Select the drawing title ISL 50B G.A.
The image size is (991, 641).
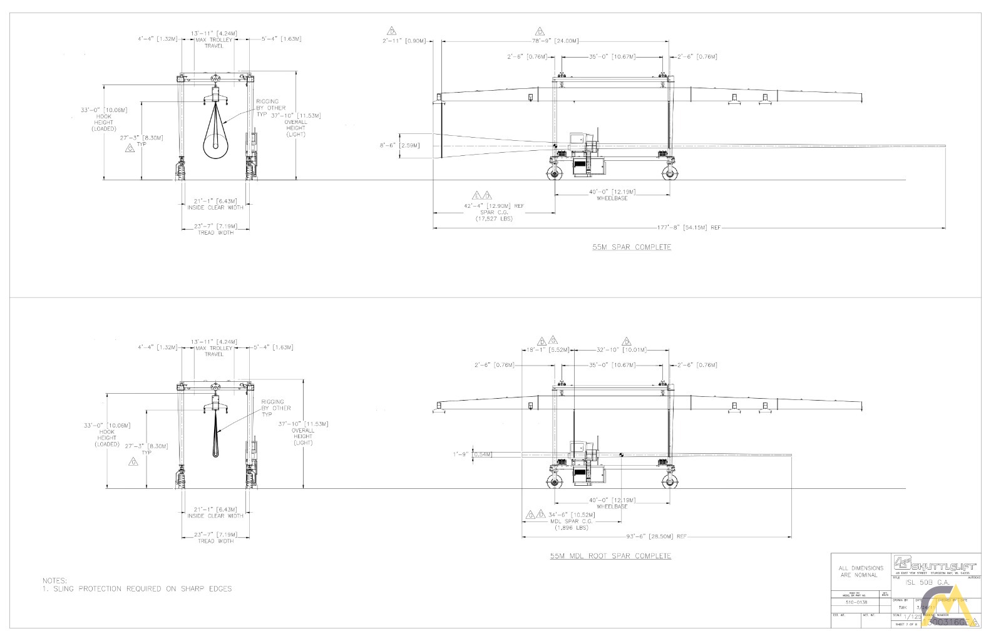point(928,582)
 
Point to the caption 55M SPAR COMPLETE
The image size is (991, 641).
point(632,247)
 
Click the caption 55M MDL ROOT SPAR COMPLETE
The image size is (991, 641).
point(610,556)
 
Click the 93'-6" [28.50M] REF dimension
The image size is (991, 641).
point(657,536)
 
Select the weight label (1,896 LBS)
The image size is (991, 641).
point(571,528)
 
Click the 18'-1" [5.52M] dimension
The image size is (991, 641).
point(548,350)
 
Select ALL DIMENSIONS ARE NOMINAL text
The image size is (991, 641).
point(861,572)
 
